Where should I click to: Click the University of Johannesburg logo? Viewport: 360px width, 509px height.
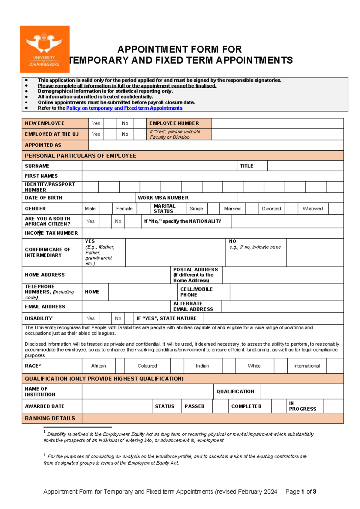(x=45, y=49)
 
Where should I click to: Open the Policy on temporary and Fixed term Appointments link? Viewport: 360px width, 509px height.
(x=124, y=108)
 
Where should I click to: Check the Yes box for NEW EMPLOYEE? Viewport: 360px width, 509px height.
(x=110, y=123)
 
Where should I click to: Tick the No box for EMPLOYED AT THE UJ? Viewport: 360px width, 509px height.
(x=140, y=134)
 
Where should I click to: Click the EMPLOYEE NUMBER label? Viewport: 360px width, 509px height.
(x=174, y=123)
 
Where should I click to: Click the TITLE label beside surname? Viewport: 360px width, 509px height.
(x=246, y=166)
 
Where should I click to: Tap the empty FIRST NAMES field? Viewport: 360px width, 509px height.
(x=212, y=176)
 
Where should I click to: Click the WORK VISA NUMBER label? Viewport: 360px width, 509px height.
(x=163, y=198)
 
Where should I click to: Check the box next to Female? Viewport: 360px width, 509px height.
(x=144, y=209)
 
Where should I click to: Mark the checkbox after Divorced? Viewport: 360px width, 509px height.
(x=291, y=209)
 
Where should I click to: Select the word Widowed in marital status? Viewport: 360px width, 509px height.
(x=312, y=209)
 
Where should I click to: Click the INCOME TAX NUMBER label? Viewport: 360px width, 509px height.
(x=51, y=233)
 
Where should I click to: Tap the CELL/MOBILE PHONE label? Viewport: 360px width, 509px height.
(x=196, y=292)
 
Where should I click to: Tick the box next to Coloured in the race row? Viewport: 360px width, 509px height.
(x=177, y=366)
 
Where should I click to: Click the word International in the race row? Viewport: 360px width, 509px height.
(x=306, y=366)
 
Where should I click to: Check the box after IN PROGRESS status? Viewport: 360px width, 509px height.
(x=333, y=406)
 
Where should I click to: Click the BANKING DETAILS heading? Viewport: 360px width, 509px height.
(x=50, y=418)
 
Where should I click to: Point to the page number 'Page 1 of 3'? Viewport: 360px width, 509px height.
(x=301, y=492)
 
